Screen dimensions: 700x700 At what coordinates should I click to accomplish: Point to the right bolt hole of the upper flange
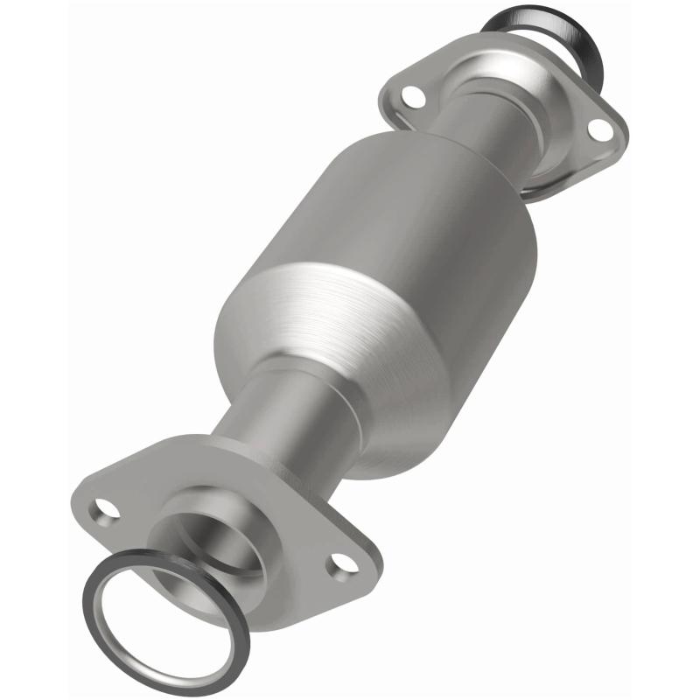click(599, 128)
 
